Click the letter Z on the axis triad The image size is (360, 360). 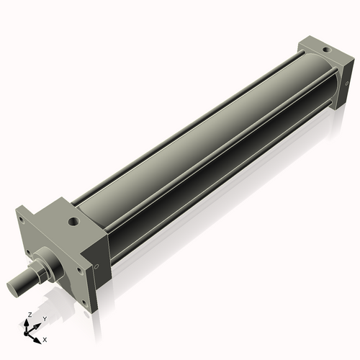28,315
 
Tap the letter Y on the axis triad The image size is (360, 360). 44,318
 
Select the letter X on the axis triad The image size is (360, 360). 45,338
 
